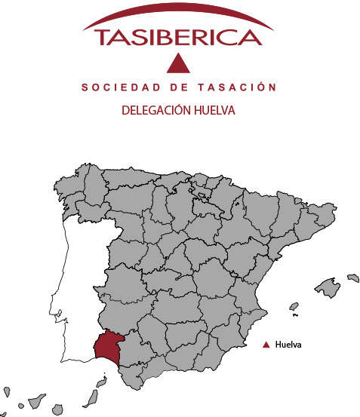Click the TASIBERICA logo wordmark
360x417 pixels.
(178, 36)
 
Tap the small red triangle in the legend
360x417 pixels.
(266, 345)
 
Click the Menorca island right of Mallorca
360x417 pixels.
(351, 276)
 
